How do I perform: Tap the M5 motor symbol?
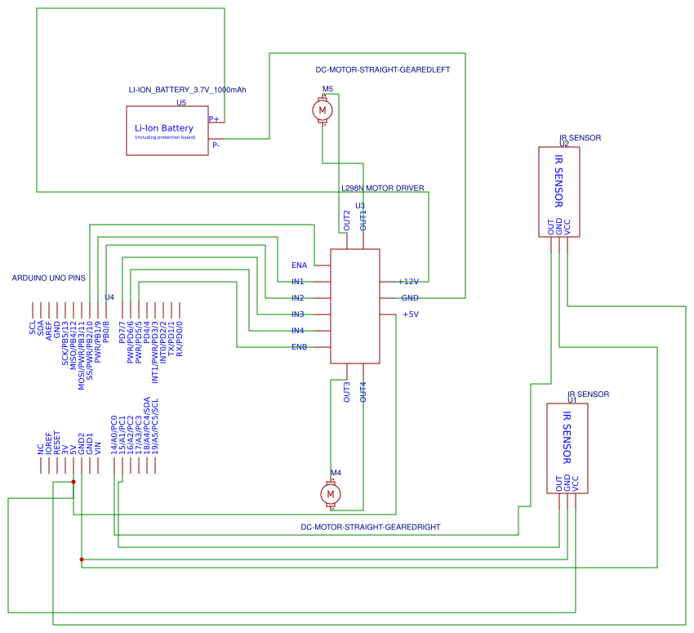tap(323, 109)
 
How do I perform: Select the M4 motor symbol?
tap(331, 494)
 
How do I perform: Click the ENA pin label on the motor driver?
tap(299, 265)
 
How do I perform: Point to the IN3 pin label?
tap(298, 314)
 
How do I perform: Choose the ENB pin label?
tap(299, 347)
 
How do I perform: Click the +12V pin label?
tap(408, 282)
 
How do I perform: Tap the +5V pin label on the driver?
tap(410, 314)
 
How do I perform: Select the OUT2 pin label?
tap(347, 220)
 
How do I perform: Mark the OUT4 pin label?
tap(363, 392)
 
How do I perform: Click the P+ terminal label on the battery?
tap(214, 119)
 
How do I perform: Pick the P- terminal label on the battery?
tap(216, 145)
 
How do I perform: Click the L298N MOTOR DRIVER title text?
tap(382, 188)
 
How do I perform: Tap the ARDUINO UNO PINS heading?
tap(48, 279)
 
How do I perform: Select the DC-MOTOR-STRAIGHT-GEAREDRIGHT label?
tap(371, 528)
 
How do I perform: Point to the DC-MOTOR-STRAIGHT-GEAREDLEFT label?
tap(382, 70)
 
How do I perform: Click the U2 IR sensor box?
tap(559, 192)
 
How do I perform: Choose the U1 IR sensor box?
tap(567, 448)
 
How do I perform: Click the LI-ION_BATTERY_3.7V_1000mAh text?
tap(187, 90)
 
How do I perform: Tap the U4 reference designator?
tap(109, 297)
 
